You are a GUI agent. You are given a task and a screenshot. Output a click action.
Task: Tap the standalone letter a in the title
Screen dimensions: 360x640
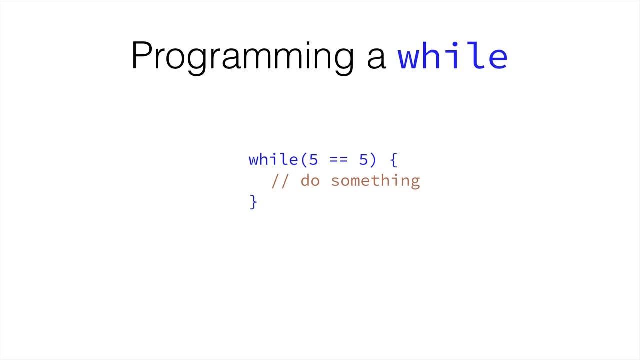[376, 57]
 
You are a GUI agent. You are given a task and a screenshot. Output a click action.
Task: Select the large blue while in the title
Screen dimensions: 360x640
[452, 56]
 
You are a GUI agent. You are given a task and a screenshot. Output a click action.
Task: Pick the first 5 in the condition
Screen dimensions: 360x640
[313, 160]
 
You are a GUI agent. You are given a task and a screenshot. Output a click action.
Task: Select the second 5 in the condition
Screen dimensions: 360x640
[363, 160]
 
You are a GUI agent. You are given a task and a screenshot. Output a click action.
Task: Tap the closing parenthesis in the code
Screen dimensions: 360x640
[373, 160]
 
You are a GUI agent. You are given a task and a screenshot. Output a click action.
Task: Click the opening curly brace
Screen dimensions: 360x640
[393, 160]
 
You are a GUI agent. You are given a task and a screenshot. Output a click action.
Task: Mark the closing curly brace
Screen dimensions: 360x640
[253, 202]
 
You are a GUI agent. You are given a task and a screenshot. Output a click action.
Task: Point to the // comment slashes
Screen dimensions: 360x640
[280, 181]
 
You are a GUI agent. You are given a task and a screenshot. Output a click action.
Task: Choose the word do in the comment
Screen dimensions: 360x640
[310, 180]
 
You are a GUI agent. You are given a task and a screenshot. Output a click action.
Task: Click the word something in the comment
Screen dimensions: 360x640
[375, 181]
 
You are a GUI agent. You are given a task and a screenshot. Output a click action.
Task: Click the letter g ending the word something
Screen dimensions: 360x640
[415, 182]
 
